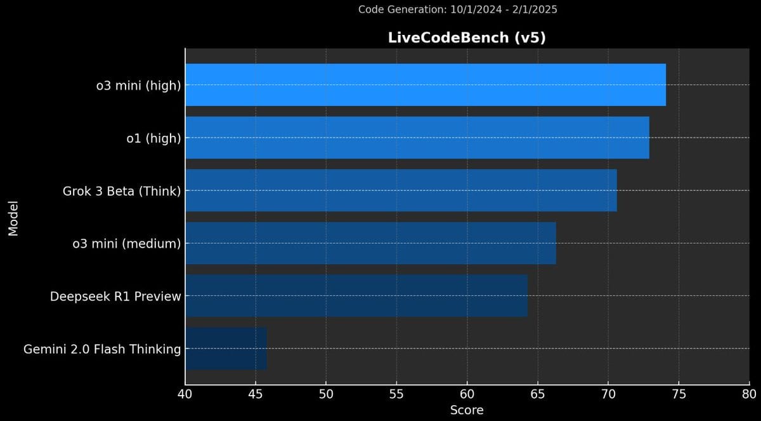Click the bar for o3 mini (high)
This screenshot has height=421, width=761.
coord(426,84)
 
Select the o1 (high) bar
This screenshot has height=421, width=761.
coord(417,138)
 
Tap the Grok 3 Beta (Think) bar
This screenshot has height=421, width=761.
coord(401,190)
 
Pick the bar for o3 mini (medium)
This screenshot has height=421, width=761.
coord(371,243)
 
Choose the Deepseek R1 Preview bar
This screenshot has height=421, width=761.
coord(356,296)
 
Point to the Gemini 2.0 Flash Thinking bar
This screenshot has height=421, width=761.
coord(226,349)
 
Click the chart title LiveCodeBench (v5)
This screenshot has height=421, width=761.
coord(467,37)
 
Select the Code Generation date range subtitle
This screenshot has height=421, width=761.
coord(458,10)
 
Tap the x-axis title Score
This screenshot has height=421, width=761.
coord(467,410)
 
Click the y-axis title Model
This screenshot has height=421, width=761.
coord(13,218)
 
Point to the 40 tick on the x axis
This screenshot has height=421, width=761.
coord(185,394)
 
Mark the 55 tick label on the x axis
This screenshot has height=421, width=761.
coord(396,394)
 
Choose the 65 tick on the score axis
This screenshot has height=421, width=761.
coord(538,394)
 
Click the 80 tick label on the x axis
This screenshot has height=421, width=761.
coord(749,394)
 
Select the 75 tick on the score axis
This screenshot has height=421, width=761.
coord(679,394)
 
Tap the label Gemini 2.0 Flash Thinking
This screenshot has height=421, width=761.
coord(102,349)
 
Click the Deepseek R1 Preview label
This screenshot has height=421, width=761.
coord(115,297)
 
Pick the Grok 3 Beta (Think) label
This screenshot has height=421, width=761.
coord(122,192)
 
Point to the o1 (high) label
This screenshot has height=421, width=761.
coord(154,138)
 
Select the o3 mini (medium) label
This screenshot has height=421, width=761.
coord(127,244)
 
